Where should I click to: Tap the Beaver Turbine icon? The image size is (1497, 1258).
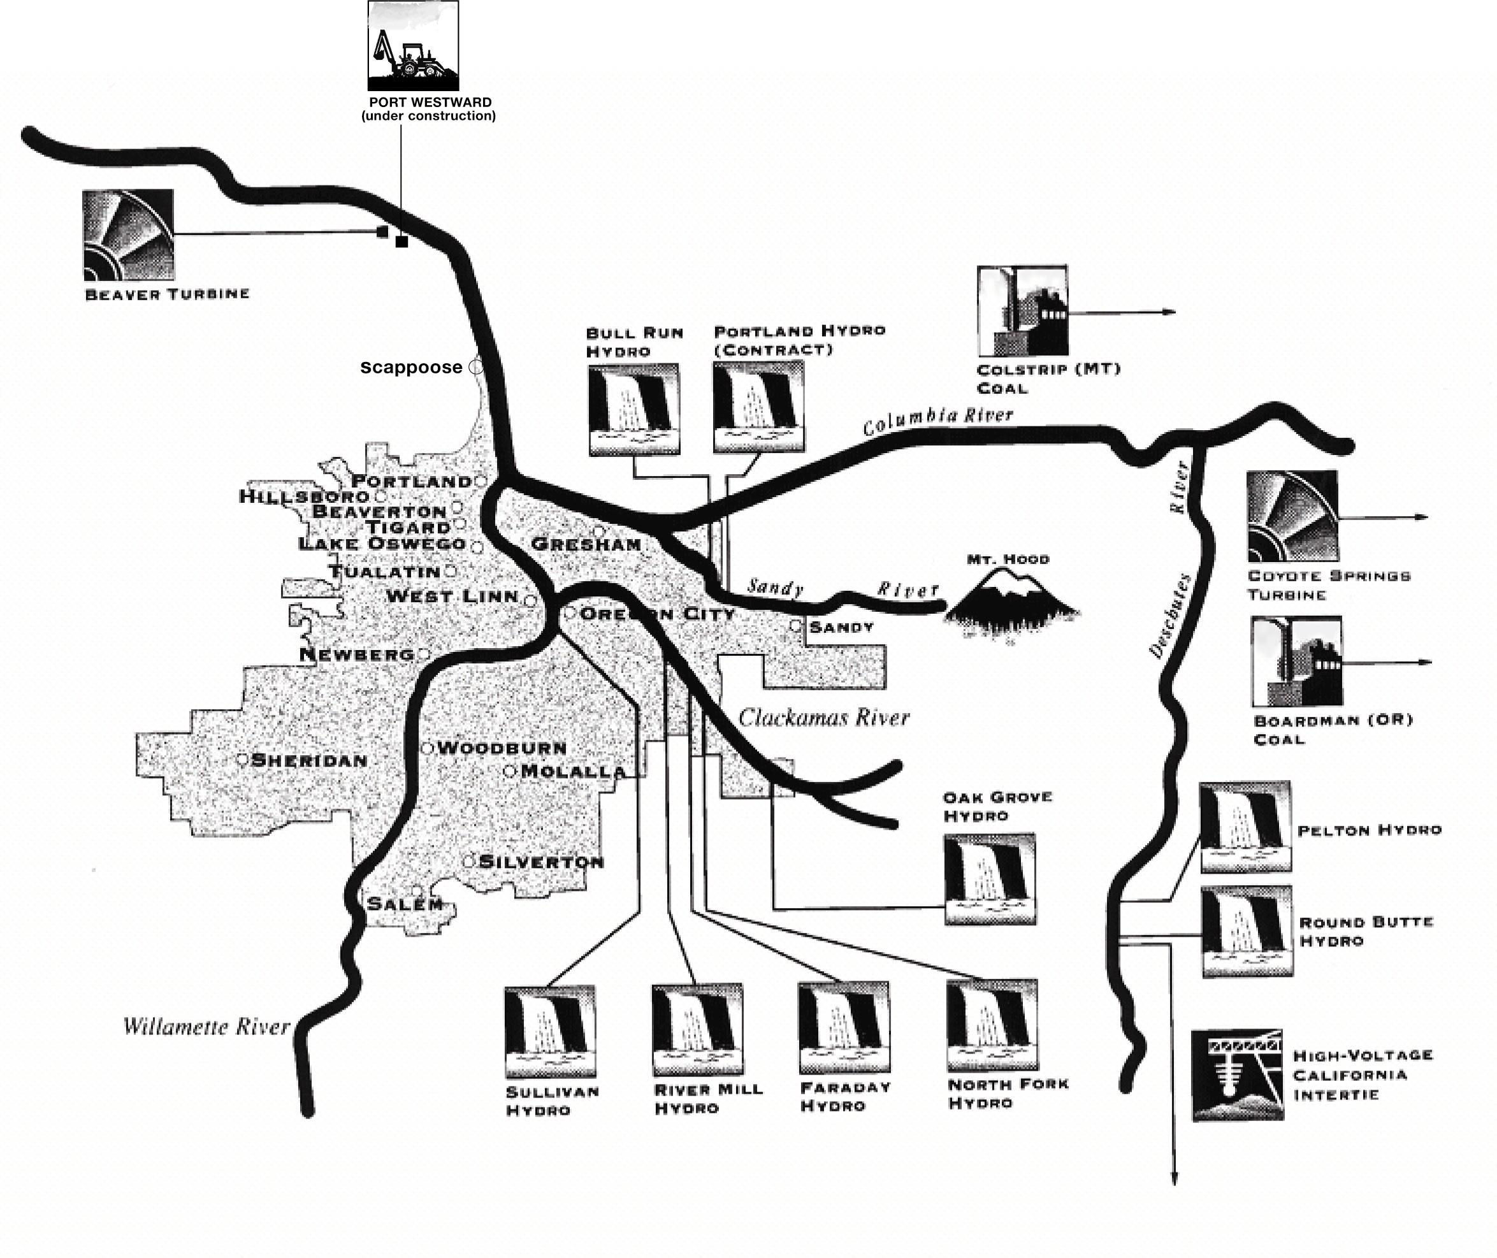point(128,235)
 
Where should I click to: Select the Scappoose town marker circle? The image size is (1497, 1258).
point(475,366)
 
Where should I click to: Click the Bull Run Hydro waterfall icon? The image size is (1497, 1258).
point(634,409)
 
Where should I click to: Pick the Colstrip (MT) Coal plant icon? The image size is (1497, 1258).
point(1023,311)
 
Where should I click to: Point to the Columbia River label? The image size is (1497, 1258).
point(938,420)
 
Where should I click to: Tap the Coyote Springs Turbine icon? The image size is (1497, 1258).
point(1292,516)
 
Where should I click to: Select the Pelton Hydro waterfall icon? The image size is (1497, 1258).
point(1245,827)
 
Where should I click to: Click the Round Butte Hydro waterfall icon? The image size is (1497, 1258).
point(1247,931)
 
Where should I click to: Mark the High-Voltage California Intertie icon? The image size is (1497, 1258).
point(1238,1074)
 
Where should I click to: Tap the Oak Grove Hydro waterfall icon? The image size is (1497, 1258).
point(990,879)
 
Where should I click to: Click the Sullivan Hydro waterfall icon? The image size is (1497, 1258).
point(550,1031)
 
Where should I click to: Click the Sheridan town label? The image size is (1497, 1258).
point(310,760)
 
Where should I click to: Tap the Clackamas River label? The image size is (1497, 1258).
point(824,718)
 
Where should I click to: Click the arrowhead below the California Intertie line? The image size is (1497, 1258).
point(1174,1179)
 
